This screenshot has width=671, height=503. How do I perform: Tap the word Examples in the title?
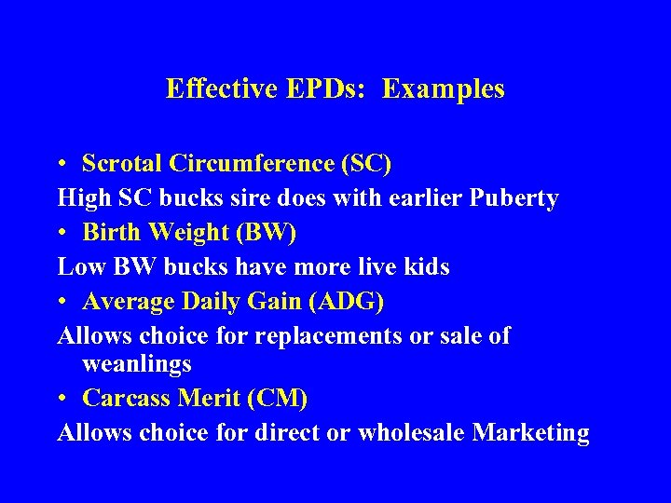[444, 88]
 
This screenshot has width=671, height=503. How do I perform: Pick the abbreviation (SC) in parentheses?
[367, 163]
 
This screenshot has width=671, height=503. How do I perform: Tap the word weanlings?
[137, 363]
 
